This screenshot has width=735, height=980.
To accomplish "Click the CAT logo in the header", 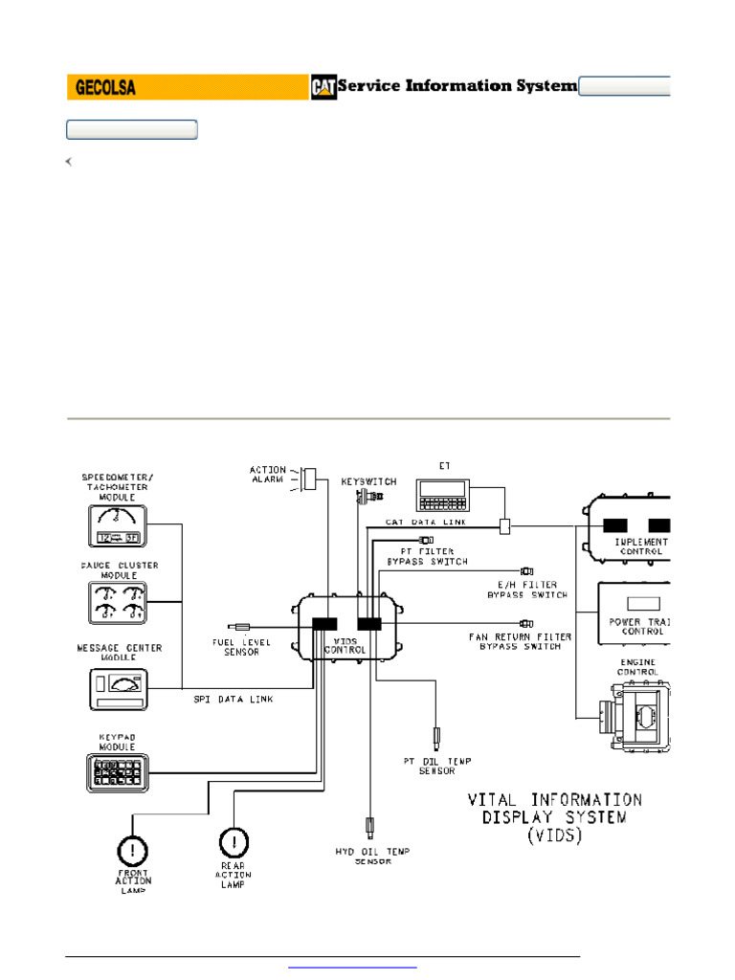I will point(323,87).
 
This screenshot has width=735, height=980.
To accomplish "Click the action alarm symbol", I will point(309,478).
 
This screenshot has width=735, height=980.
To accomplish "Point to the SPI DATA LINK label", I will point(234,700).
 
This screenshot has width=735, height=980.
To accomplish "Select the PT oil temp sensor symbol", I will point(437,737).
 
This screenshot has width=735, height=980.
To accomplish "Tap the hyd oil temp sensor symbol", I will point(370,825).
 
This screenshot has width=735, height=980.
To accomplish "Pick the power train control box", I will point(635,611).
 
